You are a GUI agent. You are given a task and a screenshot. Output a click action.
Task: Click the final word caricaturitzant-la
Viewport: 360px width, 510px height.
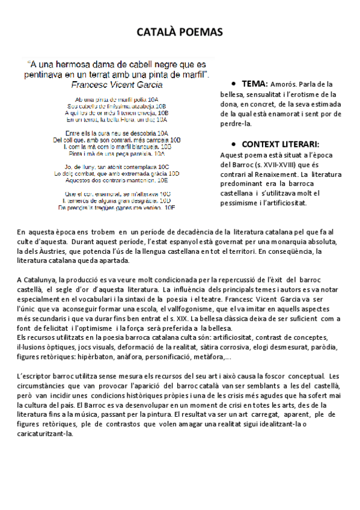pyautogui.click(x=46, y=434)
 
